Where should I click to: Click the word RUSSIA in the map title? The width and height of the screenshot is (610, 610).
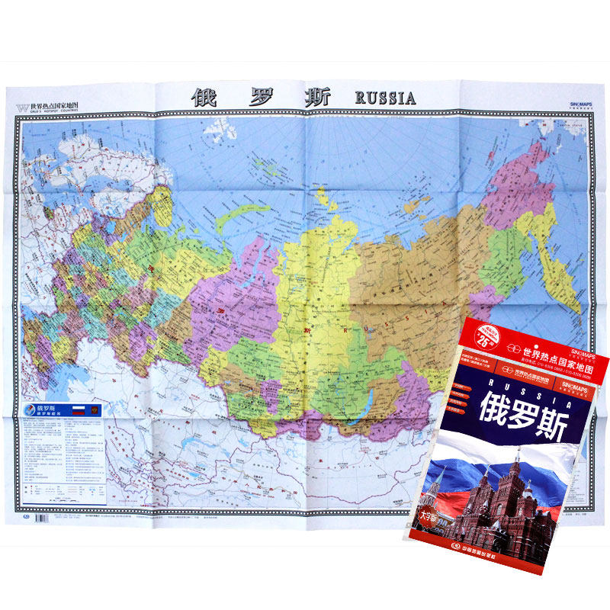(x=385, y=98)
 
